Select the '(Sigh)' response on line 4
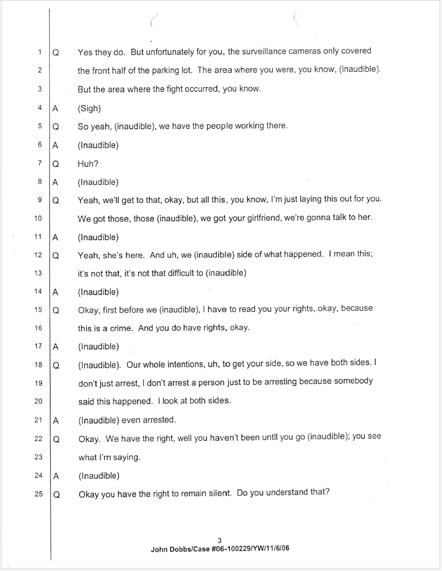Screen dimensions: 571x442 click(x=89, y=108)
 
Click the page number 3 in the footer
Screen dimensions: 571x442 click(x=220, y=541)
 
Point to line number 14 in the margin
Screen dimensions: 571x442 click(x=38, y=292)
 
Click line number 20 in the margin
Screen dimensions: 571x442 click(x=38, y=401)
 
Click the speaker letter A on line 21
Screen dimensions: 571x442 click(x=55, y=421)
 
